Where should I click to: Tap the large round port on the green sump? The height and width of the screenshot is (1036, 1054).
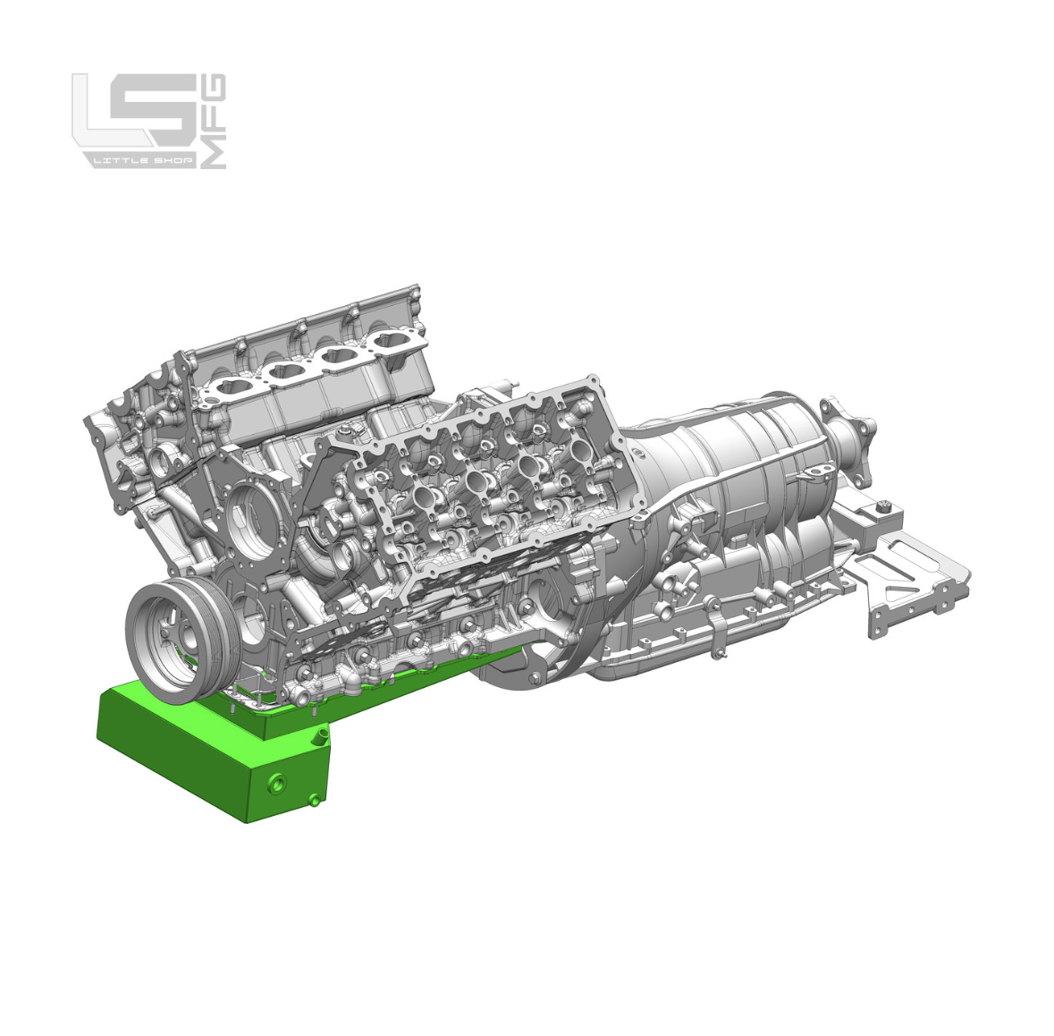(277, 783)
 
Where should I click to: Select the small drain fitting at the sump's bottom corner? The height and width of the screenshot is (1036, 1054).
(313, 800)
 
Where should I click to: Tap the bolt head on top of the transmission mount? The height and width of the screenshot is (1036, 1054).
(882, 506)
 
